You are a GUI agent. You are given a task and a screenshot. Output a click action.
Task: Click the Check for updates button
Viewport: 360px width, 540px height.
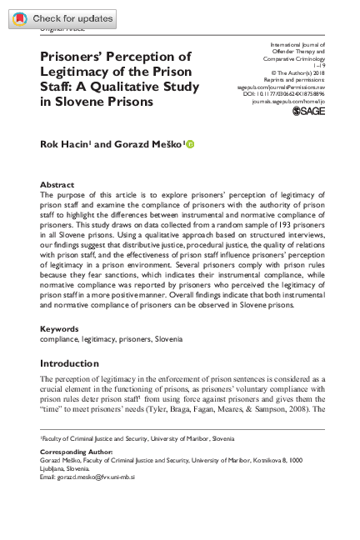[x=62, y=18]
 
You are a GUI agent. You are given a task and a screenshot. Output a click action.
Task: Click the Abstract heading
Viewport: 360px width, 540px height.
[x=57, y=184]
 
